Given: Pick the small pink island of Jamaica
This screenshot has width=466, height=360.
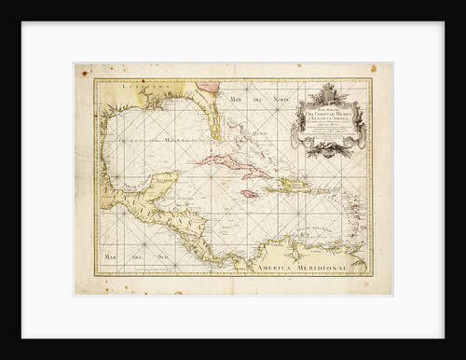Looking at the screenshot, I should [250, 193].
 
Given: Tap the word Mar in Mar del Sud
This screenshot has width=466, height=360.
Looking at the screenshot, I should [114, 255].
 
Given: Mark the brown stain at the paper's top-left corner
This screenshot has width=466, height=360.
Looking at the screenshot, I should [80, 69].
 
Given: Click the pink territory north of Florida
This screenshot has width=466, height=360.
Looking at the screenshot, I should [211, 87].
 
